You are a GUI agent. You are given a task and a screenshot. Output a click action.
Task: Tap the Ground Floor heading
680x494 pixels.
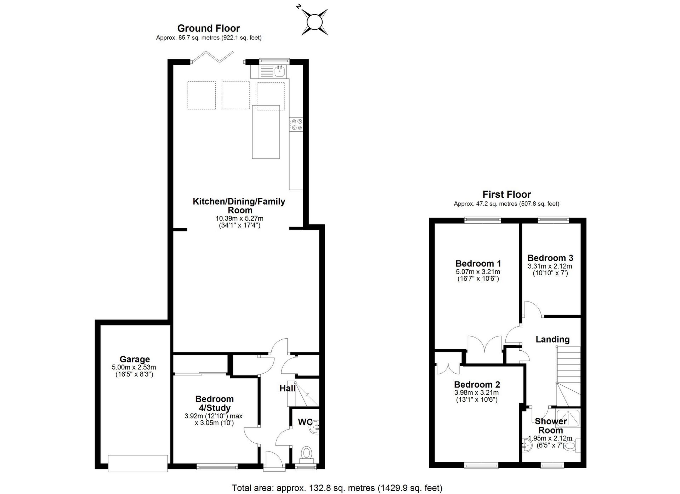(208, 28)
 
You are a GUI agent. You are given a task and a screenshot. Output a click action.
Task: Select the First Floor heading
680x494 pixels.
(506, 194)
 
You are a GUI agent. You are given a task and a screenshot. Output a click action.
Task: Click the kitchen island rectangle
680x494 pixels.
(266, 132)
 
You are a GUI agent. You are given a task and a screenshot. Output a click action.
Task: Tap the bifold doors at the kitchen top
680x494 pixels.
(213, 57)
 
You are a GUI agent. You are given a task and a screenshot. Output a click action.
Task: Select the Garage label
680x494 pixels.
(134, 359)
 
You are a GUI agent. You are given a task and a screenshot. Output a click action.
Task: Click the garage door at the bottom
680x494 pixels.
(137, 463)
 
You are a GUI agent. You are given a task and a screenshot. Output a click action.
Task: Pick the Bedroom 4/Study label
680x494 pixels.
(214, 403)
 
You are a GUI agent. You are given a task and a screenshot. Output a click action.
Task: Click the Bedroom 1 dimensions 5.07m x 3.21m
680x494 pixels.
(478, 272)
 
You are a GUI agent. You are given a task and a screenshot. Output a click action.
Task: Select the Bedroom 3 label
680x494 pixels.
(550, 258)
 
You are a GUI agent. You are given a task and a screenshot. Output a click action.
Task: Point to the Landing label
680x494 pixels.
(552, 339)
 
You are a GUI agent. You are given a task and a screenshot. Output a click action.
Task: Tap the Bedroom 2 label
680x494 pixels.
(477, 384)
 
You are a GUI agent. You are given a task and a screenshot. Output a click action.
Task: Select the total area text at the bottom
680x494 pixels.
(337, 488)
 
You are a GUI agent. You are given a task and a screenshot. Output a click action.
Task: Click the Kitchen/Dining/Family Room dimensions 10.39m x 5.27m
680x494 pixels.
(239, 218)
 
